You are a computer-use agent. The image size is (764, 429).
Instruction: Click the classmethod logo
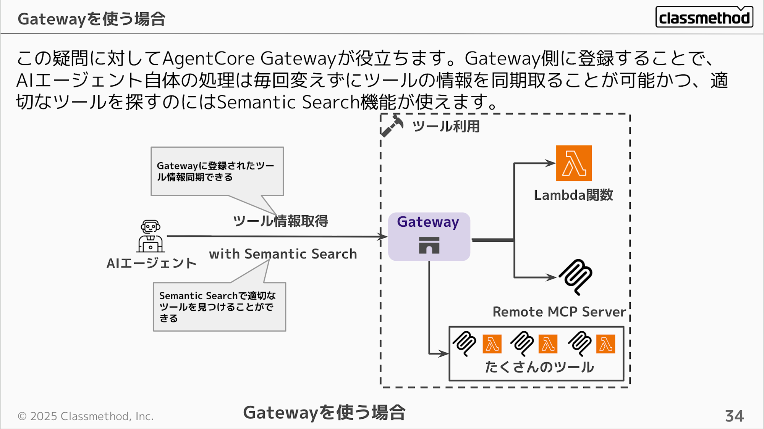[704, 17]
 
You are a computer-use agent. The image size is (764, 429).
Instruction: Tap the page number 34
[734, 416]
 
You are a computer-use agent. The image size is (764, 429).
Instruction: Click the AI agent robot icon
[151, 236]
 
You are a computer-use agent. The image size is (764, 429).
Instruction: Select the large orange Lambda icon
[574, 163]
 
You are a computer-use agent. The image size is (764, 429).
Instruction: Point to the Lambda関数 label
[573, 195]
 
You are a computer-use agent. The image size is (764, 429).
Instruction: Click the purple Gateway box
[429, 237]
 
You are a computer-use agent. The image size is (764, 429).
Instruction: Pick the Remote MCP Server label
[559, 312]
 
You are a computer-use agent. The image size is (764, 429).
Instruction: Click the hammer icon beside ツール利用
[392, 126]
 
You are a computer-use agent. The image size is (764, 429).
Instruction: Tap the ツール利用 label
[446, 126]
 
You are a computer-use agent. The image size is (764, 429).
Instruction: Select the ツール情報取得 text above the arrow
[280, 221]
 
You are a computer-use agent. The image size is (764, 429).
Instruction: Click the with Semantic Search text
[283, 254]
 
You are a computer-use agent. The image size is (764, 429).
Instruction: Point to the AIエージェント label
[151, 263]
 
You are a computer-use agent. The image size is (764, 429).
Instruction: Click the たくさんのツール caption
[539, 367]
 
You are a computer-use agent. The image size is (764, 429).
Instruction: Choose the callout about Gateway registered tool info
[217, 171]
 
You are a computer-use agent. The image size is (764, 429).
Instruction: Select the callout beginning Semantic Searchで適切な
[219, 306]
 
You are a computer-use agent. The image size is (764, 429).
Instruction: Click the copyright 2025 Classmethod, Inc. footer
[86, 416]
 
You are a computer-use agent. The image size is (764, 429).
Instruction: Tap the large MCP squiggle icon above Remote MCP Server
[575, 277]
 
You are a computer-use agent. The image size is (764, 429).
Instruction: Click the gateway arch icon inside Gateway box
[429, 245]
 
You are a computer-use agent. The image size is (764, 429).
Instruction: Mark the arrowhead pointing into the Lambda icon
[550, 163]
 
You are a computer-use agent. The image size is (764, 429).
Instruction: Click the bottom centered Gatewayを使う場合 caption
[324, 413]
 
